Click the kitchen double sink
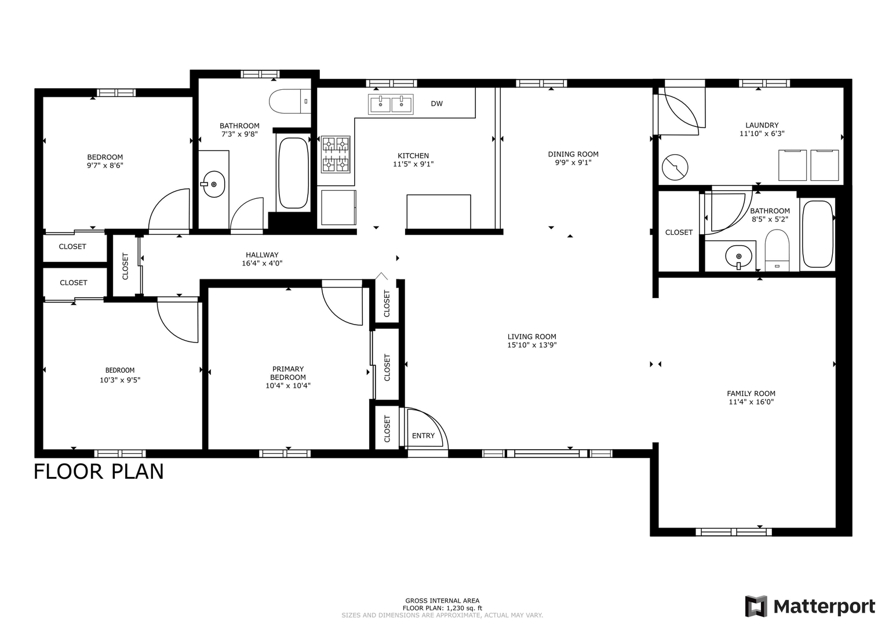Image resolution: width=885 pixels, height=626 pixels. click(391, 104)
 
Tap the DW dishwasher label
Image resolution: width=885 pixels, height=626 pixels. click(436, 104)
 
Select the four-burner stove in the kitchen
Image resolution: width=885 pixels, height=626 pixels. click(336, 155)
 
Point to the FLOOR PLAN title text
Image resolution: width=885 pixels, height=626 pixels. click(99, 471)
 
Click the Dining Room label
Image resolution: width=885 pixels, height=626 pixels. click(573, 154)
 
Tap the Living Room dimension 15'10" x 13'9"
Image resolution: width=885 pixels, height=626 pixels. click(532, 345)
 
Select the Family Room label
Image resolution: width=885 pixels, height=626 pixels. click(751, 393)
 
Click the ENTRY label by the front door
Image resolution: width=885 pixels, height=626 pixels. click(423, 435)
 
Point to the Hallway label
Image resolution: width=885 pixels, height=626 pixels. click(262, 255)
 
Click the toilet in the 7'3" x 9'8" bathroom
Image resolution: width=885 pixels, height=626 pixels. click(290, 101)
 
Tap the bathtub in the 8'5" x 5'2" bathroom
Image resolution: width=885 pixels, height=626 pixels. click(817, 234)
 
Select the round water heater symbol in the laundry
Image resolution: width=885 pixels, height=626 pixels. click(675, 167)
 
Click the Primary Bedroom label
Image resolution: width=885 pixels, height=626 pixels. click(288, 373)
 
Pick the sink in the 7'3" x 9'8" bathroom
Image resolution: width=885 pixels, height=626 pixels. click(214, 184)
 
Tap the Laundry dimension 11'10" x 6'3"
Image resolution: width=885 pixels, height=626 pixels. click(762, 133)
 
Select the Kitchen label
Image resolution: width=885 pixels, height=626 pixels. click(413, 156)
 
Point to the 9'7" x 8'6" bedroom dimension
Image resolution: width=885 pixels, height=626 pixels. click(105, 166)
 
